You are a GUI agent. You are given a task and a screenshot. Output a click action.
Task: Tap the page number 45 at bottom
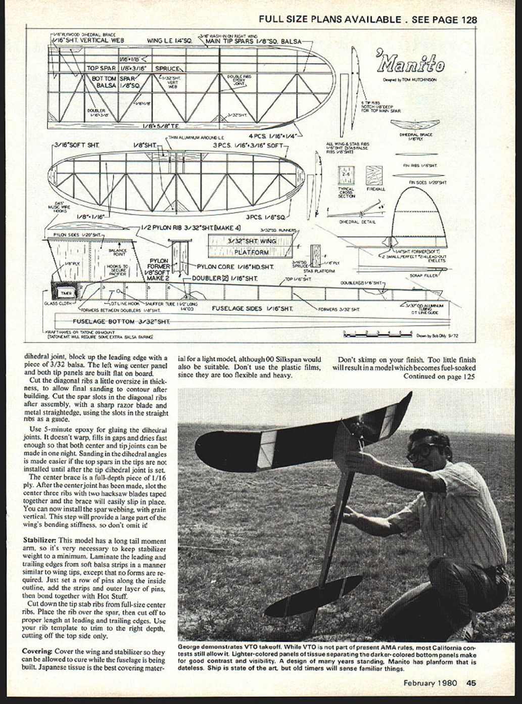tap(471, 683)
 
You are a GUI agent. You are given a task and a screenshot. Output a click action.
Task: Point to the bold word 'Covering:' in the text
tap(38, 652)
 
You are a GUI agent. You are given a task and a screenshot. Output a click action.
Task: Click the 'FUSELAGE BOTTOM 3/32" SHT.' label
tap(121, 321)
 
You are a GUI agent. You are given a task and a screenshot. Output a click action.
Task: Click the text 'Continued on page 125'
tap(439, 376)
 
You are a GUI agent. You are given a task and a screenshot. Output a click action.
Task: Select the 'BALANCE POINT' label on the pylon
tap(117, 252)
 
